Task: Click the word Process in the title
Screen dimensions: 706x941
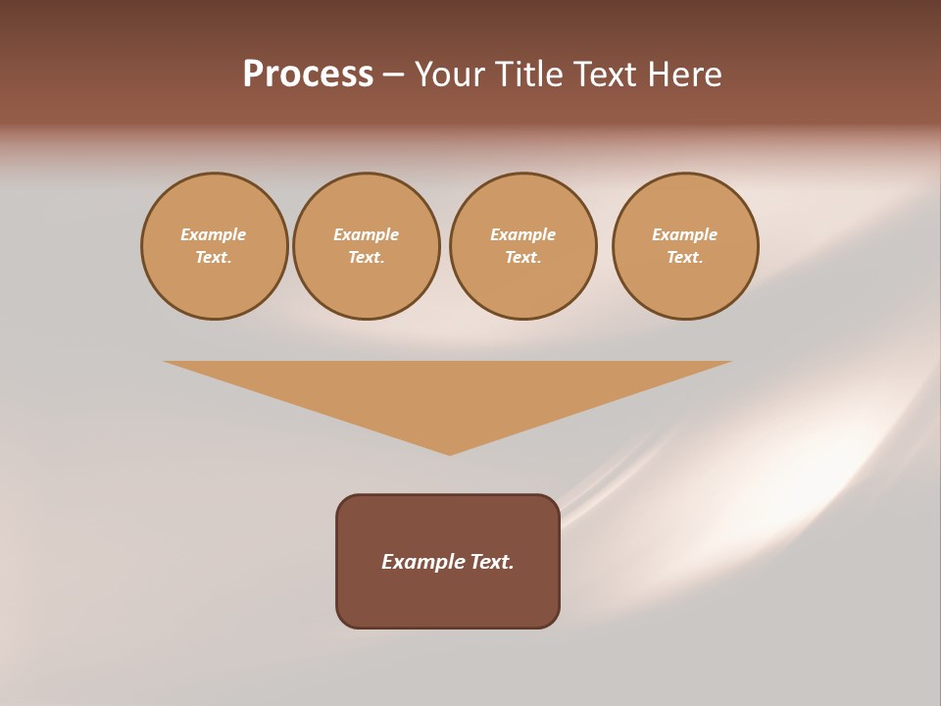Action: (308, 75)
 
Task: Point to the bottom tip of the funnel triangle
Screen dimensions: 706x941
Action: (450, 453)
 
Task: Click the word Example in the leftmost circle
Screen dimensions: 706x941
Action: (214, 234)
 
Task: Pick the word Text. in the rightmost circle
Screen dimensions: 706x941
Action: (685, 257)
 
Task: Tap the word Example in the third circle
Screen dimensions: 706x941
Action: (523, 234)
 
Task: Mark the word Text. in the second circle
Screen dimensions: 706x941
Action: (367, 257)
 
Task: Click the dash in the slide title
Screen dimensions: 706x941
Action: (393, 76)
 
